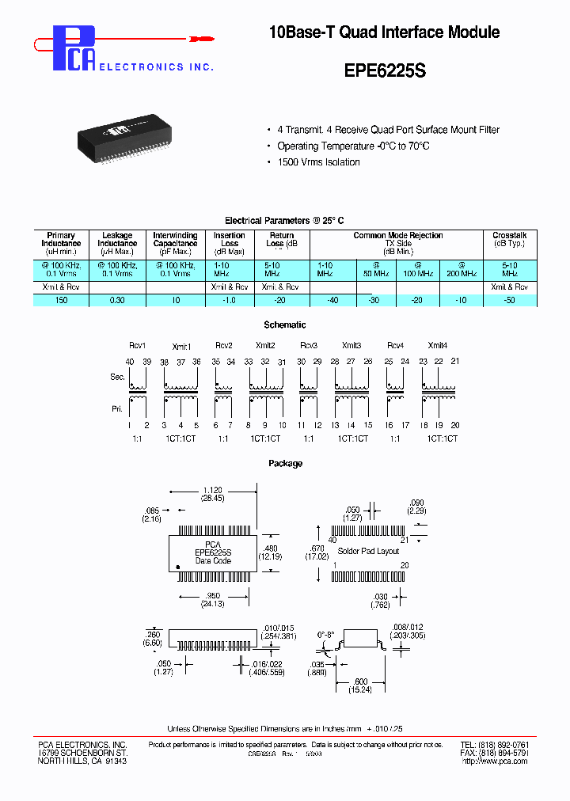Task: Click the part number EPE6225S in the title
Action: [x=385, y=70]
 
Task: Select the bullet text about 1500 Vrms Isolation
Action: [x=318, y=162]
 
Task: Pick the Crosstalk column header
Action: [x=509, y=236]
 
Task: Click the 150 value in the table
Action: [x=61, y=301]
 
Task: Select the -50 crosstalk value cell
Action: [x=509, y=301]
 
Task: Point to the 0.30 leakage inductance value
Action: [x=116, y=301]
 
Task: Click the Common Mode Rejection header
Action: [x=397, y=236]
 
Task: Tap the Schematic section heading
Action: [x=284, y=325]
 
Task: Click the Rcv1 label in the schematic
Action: [x=138, y=346]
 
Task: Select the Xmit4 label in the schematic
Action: [x=438, y=346]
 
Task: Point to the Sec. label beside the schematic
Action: [x=116, y=378]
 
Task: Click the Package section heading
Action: [x=285, y=464]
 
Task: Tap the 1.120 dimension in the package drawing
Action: [x=211, y=490]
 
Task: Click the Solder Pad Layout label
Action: [x=368, y=551]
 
